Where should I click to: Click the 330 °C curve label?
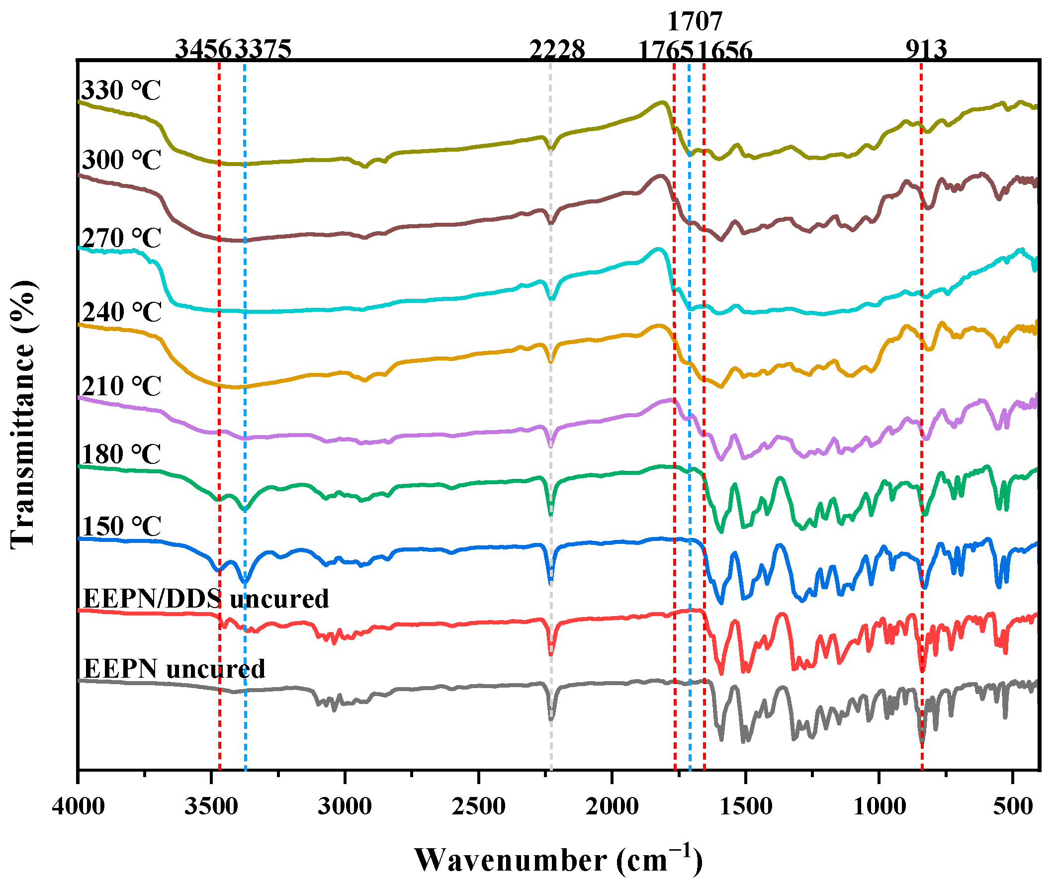(x=121, y=91)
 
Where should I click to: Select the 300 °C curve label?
(x=121, y=161)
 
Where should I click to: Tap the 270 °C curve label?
(x=121, y=238)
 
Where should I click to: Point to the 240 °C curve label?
(x=121, y=313)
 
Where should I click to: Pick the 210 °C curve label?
(x=121, y=387)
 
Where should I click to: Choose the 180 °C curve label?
(x=121, y=455)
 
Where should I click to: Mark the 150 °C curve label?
(x=121, y=527)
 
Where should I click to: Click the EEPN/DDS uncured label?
(x=205, y=600)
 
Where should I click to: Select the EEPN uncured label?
(x=174, y=669)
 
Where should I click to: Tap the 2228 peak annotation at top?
(x=557, y=50)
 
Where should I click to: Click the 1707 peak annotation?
(x=695, y=21)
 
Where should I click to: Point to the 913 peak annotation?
(x=926, y=50)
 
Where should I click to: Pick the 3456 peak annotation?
(x=204, y=50)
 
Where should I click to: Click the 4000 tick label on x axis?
(x=79, y=806)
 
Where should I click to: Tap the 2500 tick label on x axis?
(x=478, y=806)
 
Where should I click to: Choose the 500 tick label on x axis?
(x=1012, y=806)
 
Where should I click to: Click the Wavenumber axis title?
(x=558, y=861)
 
